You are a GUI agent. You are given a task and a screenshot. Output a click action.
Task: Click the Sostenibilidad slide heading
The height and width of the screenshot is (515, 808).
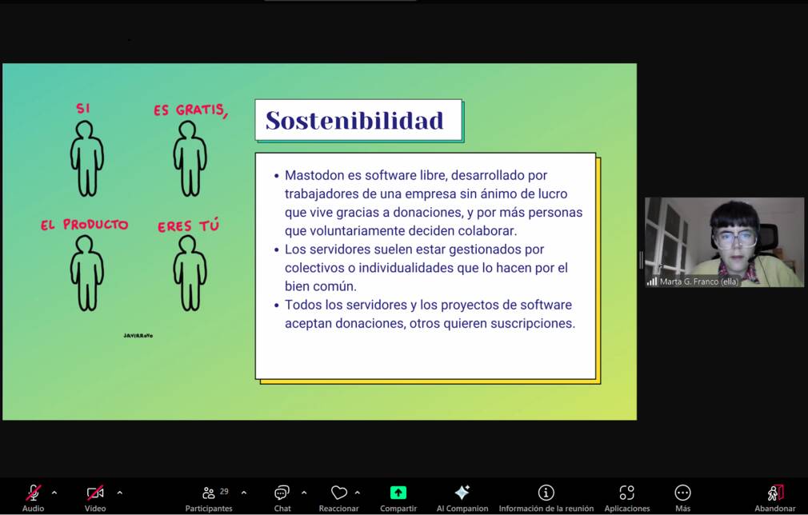tap(354, 121)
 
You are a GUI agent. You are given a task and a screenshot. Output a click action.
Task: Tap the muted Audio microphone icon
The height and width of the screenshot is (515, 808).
tap(34, 493)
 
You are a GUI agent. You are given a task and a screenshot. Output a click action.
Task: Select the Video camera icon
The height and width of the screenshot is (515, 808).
tap(95, 493)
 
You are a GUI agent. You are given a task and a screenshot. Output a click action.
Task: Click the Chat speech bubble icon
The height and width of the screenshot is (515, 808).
tap(282, 493)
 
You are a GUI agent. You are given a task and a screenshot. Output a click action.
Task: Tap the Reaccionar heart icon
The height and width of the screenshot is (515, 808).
tap(339, 493)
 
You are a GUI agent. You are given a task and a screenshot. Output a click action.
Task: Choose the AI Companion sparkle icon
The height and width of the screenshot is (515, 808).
tap(462, 493)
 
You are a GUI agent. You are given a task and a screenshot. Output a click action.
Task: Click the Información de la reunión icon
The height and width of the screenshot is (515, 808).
tap(546, 493)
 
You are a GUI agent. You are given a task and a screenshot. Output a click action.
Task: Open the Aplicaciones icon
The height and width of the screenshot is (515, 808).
tap(626, 493)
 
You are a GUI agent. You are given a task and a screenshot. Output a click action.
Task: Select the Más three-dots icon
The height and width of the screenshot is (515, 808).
tap(682, 493)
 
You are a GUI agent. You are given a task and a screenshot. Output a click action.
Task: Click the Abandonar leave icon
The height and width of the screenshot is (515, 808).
tap(775, 493)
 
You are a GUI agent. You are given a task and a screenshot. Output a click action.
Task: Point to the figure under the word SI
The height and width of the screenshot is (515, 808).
tap(87, 158)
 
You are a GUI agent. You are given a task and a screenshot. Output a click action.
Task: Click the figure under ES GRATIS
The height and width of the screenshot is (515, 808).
tap(190, 158)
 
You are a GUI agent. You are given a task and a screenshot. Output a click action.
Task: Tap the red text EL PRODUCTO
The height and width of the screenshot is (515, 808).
tap(85, 225)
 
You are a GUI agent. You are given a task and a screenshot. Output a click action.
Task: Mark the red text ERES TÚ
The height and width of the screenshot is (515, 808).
tap(189, 226)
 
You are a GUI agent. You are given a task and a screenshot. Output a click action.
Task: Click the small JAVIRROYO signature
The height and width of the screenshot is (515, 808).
tap(138, 336)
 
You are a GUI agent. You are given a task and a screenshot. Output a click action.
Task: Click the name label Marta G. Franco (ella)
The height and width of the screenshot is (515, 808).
tap(699, 281)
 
